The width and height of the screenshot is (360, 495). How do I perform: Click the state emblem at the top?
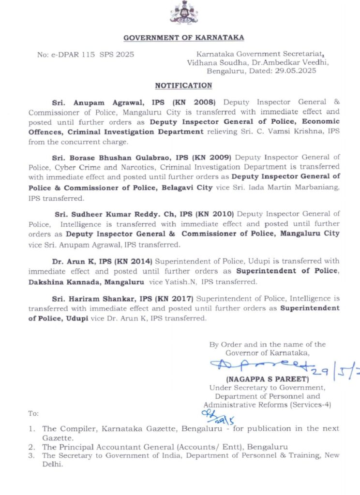pyautogui.click(x=184, y=13)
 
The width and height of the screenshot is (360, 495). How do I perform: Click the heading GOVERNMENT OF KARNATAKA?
pyautogui.click(x=184, y=38)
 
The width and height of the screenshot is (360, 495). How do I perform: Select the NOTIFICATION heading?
pyautogui.click(x=183, y=86)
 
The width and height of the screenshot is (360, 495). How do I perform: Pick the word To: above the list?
pyautogui.click(x=33, y=414)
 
